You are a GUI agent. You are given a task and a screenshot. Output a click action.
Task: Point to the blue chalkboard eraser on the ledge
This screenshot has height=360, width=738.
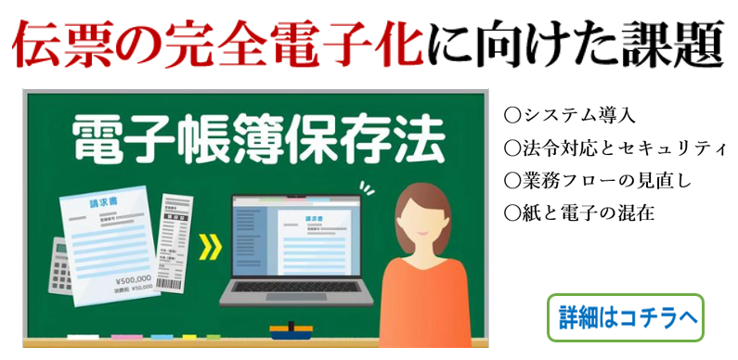coord(293,328)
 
